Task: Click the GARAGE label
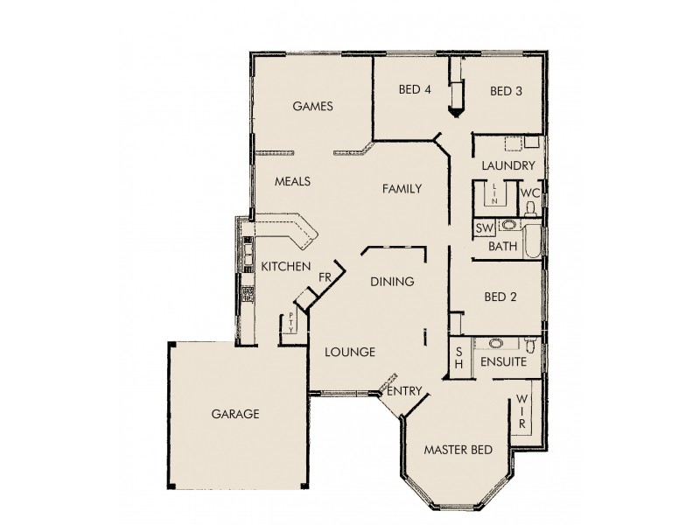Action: click(x=234, y=414)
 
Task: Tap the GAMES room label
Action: click(x=312, y=106)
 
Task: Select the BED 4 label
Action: click(x=415, y=89)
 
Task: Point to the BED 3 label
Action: click(x=506, y=90)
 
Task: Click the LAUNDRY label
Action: click(x=508, y=165)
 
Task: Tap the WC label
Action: click(x=529, y=192)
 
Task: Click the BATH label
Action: click(x=502, y=247)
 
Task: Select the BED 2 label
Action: click(x=500, y=297)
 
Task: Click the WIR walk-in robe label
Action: click(x=521, y=410)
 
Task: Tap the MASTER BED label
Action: click(x=458, y=450)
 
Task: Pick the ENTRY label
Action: click(x=405, y=391)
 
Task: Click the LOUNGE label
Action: click(x=350, y=352)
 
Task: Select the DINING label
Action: click(x=391, y=282)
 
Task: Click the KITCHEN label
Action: click(x=285, y=265)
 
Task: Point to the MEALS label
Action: click(x=292, y=182)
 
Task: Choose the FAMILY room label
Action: click(x=402, y=188)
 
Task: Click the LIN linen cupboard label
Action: click(x=494, y=194)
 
